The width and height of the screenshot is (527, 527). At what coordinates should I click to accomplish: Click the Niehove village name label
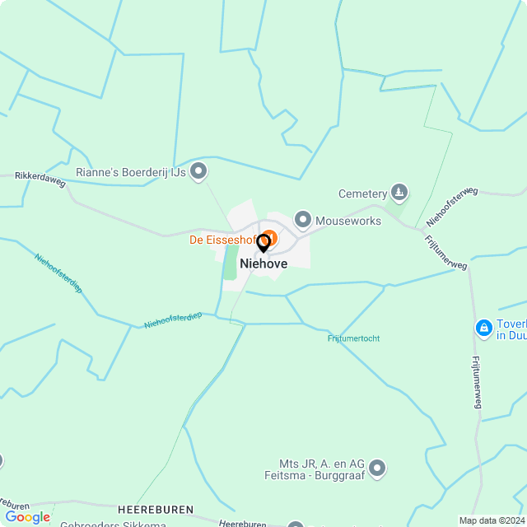[x=263, y=263]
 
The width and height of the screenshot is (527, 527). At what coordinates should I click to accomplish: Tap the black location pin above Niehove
[x=263, y=244]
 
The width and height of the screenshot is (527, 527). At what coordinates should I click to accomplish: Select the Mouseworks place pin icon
[x=303, y=220]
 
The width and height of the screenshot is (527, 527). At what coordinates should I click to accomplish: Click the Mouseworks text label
[x=348, y=221]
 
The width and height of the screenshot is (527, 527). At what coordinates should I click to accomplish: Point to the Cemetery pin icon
[x=399, y=194]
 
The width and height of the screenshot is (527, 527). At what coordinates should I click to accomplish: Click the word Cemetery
[x=362, y=194]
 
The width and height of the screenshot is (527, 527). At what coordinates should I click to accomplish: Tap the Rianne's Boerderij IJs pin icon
[x=198, y=171]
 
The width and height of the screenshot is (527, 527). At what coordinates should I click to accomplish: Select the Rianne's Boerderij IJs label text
[x=129, y=172]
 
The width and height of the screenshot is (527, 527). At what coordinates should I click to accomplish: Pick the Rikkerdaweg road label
[x=40, y=176]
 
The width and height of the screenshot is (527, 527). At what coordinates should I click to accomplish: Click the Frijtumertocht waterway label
[x=353, y=338]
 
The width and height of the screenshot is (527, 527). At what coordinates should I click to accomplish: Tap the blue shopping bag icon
[x=484, y=329]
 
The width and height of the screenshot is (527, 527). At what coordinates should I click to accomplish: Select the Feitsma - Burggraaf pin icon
[x=378, y=468]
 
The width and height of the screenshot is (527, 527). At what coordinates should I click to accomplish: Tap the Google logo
[x=27, y=517]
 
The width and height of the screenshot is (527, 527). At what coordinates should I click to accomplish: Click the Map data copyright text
[x=492, y=520]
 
